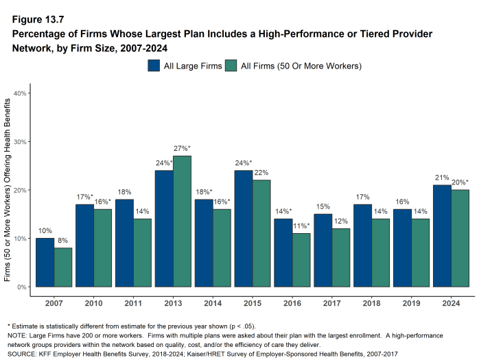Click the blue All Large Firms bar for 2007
tap(45, 263)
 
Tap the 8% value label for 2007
tap(62, 241)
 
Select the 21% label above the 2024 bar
tap(442, 178)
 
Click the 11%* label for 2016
tap(301, 226)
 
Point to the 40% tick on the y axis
tap(20, 93)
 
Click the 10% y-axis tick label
tap(20, 239)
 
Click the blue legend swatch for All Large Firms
tap(154, 66)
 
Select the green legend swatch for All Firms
tap(231, 66)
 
